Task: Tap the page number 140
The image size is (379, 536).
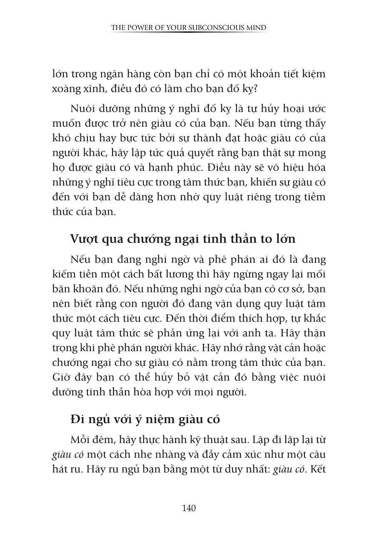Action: coord(189,508)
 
